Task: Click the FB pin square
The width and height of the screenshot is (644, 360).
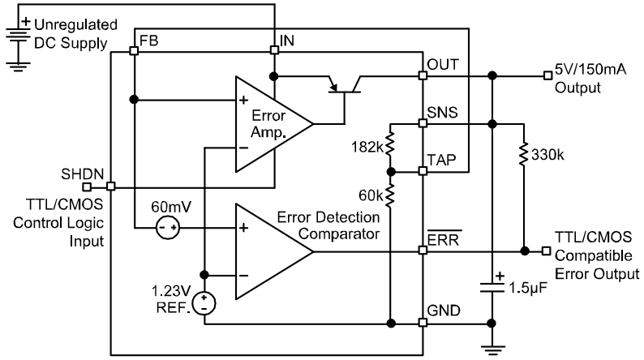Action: tap(134, 49)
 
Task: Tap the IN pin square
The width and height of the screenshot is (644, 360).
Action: tap(274, 49)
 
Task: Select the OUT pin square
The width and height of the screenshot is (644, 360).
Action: tap(423, 76)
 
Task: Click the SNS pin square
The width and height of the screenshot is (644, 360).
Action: tap(423, 124)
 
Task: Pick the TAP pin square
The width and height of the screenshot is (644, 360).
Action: tap(423, 171)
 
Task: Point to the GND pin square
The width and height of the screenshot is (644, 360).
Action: tap(423, 323)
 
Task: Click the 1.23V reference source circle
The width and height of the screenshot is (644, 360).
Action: tap(204, 304)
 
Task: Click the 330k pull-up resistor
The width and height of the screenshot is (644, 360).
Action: tap(525, 153)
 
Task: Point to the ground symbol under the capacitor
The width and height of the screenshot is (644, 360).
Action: tap(491, 349)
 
